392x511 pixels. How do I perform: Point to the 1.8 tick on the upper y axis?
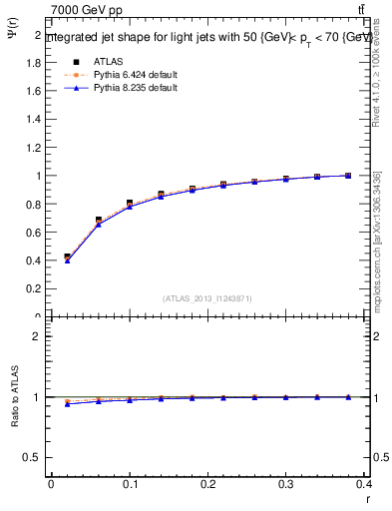tap(34, 62)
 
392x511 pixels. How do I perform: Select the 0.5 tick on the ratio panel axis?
tap(34, 457)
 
